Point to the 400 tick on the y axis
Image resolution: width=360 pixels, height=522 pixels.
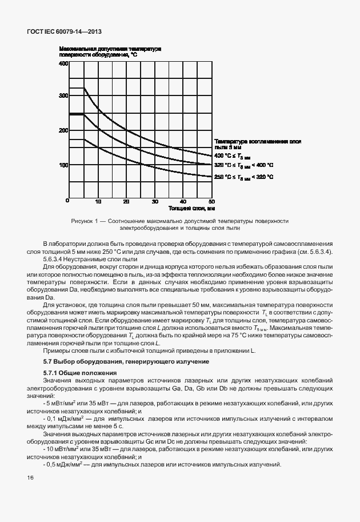(63, 63)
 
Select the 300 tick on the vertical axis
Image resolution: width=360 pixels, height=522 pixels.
(63, 96)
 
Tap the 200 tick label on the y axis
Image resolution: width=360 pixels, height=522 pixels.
(63, 130)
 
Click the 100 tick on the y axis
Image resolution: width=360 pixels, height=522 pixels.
(63, 165)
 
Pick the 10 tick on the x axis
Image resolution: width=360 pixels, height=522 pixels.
(98, 201)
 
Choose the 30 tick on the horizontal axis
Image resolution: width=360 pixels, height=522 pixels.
(155, 201)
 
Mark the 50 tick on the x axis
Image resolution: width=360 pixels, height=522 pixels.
(211, 201)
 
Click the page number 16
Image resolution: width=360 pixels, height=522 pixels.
(30, 477)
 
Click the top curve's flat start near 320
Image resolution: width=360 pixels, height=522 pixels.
(77, 87)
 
